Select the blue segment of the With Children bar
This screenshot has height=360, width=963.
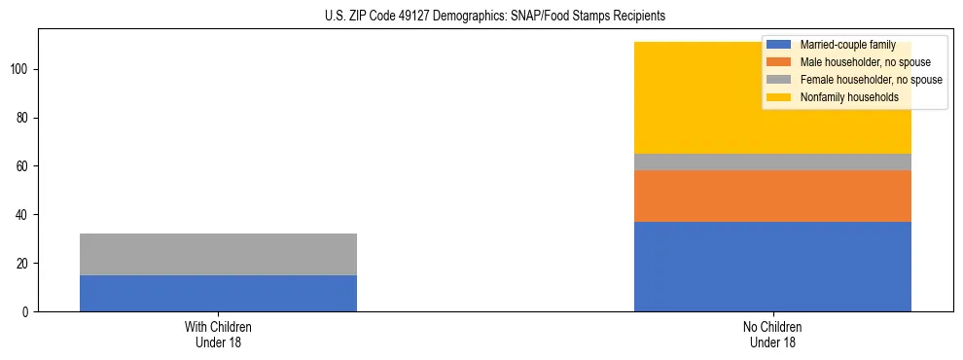coord(218,293)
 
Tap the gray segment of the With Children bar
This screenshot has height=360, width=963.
coord(218,254)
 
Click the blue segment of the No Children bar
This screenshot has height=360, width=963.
coord(772,267)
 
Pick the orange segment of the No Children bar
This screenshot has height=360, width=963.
coord(772,196)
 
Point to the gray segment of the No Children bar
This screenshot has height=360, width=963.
coord(772,162)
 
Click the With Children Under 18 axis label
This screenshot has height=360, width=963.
coord(218,334)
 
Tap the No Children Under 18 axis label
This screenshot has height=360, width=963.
coord(772,334)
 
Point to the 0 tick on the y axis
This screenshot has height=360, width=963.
coord(27,312)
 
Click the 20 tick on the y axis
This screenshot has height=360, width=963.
coord(24,264)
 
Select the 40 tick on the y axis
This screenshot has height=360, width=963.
coord(24,215)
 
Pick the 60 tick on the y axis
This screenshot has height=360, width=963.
coord(24,166)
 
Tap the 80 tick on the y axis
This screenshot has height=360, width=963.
coord(24,118)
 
